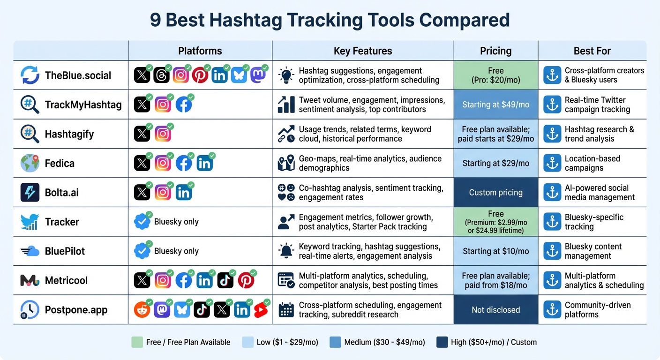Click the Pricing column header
coord(495,51)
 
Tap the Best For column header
coord(592,51)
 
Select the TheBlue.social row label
coord(78,75)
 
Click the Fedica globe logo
coord(30,163)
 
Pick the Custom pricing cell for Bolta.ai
coord(495,193)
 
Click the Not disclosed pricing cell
coord(495,310)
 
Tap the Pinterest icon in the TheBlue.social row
coord(200,75)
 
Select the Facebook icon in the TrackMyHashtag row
coord(184,105)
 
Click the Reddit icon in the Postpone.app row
coord(142,310)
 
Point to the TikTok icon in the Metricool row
coord(225,281)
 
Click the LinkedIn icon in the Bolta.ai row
coord(184,193)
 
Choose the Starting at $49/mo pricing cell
coord(495,105)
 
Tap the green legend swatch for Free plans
coord(137,342)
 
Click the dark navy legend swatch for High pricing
coord(442,342)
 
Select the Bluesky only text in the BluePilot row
coord(176,251)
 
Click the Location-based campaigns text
coord(592,163)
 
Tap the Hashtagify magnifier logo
coord(30,134)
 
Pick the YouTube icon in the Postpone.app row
coord(261,310)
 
